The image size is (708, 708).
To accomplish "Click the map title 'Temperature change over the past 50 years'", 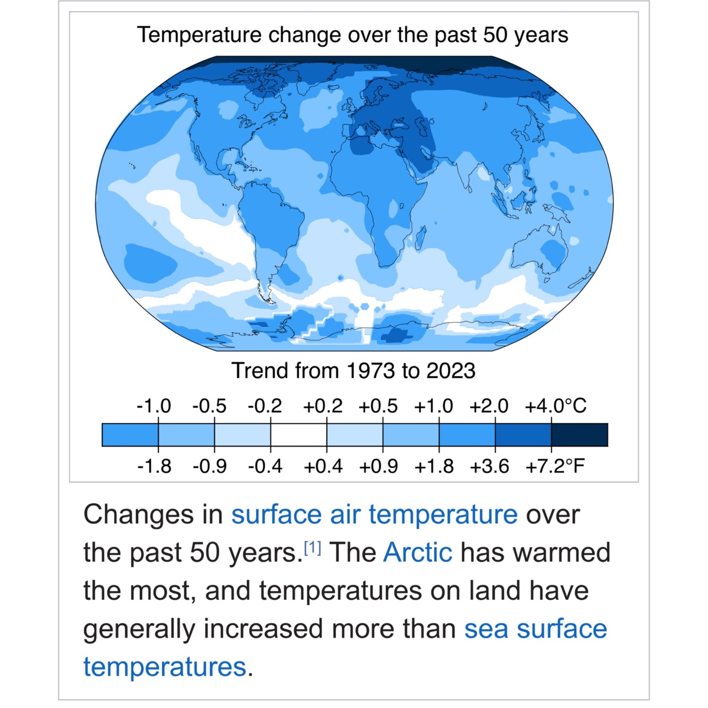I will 352,35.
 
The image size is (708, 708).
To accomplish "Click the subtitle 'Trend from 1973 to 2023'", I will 353,371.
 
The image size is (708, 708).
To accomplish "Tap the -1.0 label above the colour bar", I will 153,406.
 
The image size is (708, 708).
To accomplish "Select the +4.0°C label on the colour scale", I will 555,406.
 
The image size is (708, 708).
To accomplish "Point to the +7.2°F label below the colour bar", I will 555,466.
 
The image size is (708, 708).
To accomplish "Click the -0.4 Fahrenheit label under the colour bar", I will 265,466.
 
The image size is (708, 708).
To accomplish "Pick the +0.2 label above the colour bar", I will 322,406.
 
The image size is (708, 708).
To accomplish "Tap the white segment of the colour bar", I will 298,435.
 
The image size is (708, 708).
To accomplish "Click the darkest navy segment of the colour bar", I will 579,435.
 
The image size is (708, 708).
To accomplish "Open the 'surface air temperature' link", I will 374,514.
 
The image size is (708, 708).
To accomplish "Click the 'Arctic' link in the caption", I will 417,553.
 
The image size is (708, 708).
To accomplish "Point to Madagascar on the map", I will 420,238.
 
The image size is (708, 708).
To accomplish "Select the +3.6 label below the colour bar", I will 489,466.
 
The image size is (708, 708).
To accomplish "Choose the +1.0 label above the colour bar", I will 433,406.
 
